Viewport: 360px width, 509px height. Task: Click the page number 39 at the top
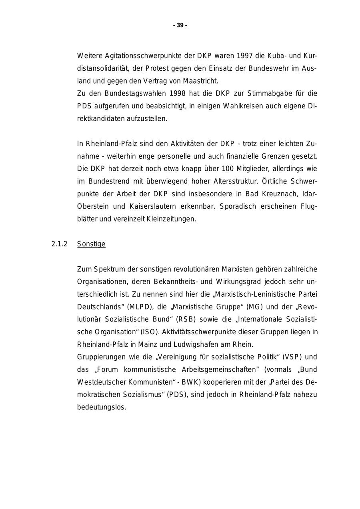coord(180,25)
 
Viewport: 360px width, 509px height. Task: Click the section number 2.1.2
coord(60,244)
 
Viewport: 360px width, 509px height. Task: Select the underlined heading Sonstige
coord(91,244)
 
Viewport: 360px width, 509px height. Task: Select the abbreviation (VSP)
coord(293,357)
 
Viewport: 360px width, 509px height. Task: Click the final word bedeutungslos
coord(102,407)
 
